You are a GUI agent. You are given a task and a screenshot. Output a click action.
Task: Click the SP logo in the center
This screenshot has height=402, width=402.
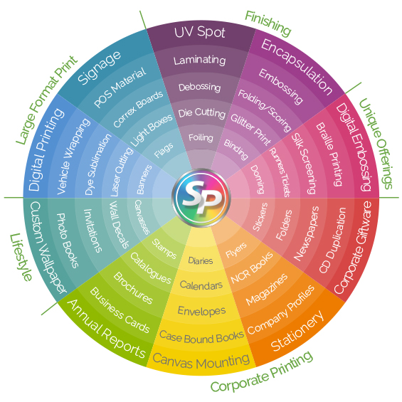201,198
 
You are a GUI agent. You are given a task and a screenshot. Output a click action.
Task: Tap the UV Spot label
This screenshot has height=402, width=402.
200,33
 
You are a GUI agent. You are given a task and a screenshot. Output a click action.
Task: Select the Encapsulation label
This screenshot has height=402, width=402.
297,67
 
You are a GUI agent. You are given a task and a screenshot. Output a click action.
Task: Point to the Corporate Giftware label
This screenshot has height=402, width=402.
352,248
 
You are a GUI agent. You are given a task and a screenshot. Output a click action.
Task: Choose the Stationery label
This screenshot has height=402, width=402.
297,332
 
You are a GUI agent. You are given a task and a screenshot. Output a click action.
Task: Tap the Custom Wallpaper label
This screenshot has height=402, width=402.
48,247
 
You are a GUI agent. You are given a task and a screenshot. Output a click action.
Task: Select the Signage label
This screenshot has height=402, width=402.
99,68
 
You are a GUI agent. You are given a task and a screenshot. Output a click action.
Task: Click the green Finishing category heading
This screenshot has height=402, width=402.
268,23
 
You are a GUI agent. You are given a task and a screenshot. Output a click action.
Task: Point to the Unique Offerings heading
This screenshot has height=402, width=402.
376,144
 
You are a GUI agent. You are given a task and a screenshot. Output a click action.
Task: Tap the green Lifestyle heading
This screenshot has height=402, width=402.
21,257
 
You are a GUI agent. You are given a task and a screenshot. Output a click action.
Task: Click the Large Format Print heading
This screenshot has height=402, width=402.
46,100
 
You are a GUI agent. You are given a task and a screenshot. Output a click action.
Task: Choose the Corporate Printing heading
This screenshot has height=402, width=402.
262,371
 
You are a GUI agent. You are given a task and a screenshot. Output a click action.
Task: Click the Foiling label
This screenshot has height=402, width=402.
201,137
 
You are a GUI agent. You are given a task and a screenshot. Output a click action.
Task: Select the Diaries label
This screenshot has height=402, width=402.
201,260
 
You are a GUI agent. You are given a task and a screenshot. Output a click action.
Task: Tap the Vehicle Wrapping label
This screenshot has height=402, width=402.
73,157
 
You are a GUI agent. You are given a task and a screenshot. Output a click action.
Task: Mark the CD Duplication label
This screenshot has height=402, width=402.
332,240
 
